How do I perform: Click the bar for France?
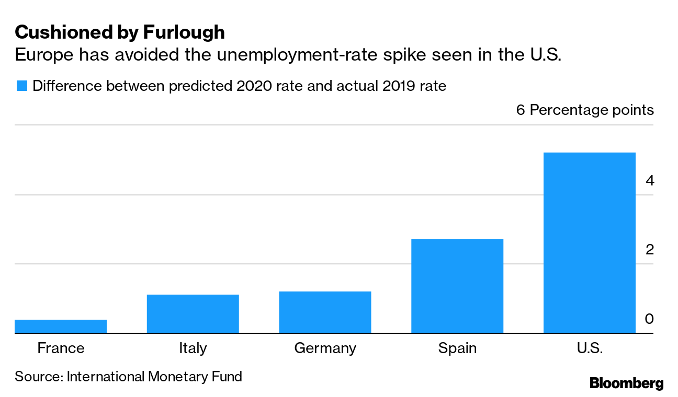(x=61, y=326)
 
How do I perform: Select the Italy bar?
(x=193, y=314)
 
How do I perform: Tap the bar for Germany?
(x=325, y=312)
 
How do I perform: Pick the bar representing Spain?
(x=457, y=286)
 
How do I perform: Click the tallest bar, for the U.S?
(x=590, y=243)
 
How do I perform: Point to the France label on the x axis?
(x=61, y=348)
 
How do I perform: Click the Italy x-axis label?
(x=193, y=348)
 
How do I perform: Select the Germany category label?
(x=325, y=348)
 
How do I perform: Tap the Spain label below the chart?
(x=457, y=348)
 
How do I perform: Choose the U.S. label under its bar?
(x=590, y=348)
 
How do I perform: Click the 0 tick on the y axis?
(x=649, y=319)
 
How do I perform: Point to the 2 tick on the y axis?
(x=649, y=250)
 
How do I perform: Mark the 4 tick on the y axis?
(x=649, y=181)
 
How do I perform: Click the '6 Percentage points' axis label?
(x=585, y=110)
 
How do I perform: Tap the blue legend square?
(x=21, y=86)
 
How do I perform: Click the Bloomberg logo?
(x=626, y=383)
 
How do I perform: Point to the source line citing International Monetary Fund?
(x=128, y=376)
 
